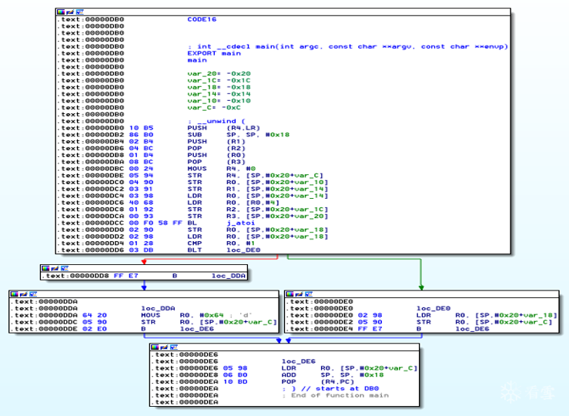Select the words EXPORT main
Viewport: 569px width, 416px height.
(214, 53)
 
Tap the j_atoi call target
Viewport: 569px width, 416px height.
(239, 223)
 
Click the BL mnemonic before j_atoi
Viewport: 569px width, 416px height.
(192, 223)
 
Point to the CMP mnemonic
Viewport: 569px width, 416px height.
(194, 243)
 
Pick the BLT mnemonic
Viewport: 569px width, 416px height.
(194, 250)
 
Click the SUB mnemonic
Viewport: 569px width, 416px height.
(194, 135)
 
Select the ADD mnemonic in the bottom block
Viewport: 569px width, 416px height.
(289, 374)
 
